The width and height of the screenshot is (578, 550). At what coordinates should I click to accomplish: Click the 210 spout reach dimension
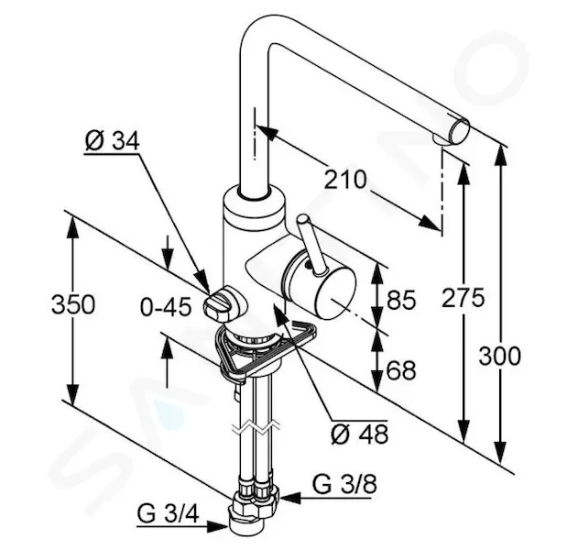pos(345,180)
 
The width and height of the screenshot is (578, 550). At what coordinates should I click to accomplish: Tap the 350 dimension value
pos(73,305)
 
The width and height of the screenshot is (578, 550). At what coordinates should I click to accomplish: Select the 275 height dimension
pos(463,298)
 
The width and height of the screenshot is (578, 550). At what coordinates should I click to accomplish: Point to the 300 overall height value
pos(499,357)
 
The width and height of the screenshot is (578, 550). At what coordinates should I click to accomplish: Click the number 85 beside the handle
pos(401,300)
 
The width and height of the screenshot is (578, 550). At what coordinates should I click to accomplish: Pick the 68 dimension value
pos(401,369)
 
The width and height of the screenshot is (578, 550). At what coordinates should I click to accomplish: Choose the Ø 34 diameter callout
pos(112,141)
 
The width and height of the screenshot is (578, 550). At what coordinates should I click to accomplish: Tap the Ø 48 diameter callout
pos(360,434)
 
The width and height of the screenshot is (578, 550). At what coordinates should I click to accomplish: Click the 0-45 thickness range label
pos(166,306)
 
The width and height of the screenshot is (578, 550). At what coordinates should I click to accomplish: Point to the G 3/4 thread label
pos(169,513)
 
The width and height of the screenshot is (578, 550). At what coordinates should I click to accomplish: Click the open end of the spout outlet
pos(459,131)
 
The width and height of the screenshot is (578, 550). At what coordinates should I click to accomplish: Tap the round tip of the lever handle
pos(304,220)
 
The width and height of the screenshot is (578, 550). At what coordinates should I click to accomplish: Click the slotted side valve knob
pos(219,303)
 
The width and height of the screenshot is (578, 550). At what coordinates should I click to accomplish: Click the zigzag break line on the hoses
pos(256,428)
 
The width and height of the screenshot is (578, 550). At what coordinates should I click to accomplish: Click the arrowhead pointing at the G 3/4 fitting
pos(217,526)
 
